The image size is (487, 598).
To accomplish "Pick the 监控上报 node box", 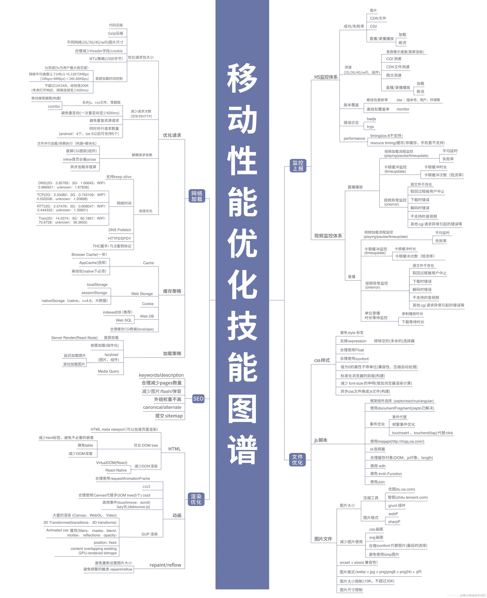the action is (298, 165).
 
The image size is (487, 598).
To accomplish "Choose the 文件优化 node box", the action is (297, 460).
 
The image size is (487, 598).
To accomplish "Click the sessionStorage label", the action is (94, 293).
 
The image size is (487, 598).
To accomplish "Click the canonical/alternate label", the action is (162, 407).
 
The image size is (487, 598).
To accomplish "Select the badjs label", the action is (371, 119).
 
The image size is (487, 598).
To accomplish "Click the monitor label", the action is (403, 109).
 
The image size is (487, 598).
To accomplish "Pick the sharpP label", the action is (394, 522).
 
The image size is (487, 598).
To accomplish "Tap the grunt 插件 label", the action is (397, 505).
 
